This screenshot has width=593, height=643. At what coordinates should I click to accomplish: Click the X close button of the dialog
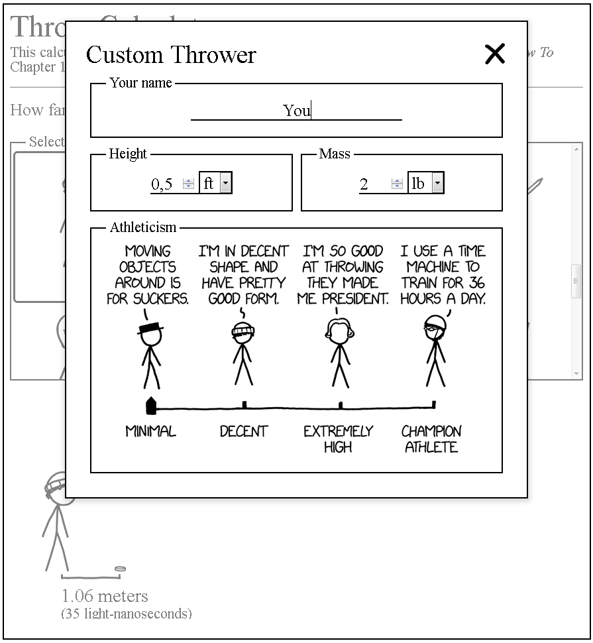[495, 54]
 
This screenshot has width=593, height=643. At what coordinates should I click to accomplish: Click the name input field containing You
[296, 111]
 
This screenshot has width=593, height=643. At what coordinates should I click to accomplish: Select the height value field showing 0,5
[164, 184]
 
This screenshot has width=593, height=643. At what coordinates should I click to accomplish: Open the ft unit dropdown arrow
[225, 184]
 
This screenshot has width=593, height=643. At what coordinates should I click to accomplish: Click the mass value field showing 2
[373, 184]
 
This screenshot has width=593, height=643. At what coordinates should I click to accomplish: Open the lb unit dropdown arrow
[437, 184]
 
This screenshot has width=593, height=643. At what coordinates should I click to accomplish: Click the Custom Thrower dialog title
[171, 54]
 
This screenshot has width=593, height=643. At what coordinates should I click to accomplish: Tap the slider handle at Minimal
[151, 404]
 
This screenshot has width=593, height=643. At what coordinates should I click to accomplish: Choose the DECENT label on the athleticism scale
[244, 432]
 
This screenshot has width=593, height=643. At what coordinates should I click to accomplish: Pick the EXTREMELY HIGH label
[338, 439]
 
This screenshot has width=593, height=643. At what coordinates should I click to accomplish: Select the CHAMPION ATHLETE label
[431, 439]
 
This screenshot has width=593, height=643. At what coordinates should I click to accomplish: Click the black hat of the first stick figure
[150, 327]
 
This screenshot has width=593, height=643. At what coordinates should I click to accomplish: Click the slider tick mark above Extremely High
[340, 404]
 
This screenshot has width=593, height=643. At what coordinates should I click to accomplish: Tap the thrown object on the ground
[120, 569]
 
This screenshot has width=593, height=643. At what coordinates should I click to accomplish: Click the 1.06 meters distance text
[105, 596]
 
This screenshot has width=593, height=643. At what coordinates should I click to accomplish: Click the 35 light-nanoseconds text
[126, 613]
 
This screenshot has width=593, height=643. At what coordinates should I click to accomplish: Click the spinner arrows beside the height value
[189, 184]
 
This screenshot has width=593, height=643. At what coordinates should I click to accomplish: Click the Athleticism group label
[143, 227]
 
